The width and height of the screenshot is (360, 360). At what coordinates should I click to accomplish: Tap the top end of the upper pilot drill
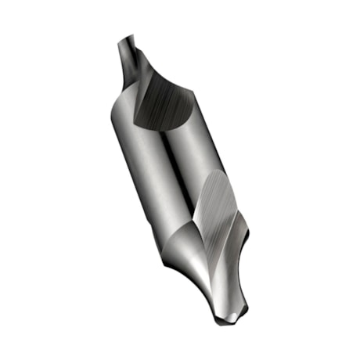coord(125,38)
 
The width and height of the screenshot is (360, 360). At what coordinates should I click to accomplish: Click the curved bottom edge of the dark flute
coord(160,125)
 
